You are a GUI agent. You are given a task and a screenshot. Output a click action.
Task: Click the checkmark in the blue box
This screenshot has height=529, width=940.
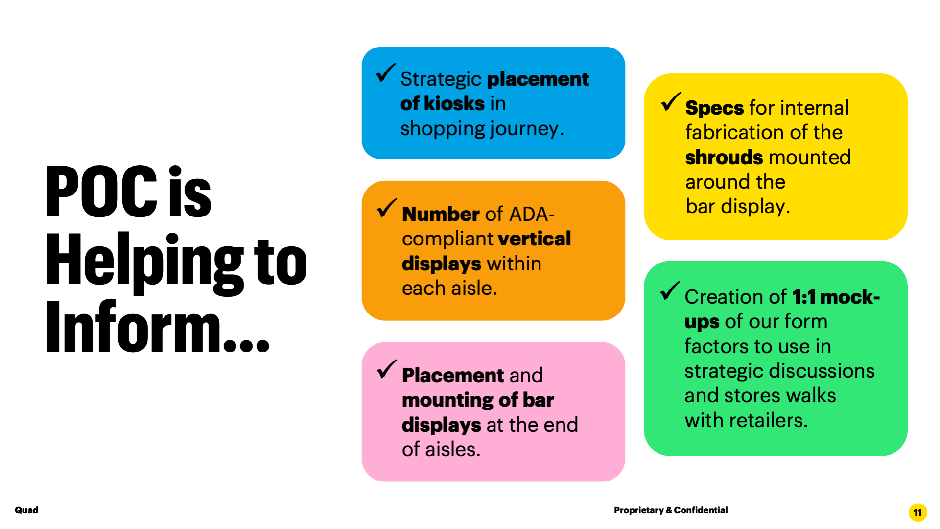pyautogui.click(x=386, y=73)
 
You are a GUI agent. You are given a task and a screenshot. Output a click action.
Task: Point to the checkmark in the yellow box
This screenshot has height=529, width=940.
pyautogui.click(x=670, y=102)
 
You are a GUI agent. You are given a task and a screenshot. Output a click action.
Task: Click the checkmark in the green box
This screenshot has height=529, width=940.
pyautogui.click(x=670, y=290)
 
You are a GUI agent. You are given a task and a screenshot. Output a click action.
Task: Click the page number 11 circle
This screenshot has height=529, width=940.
pyautogui.click(x=917, y=512)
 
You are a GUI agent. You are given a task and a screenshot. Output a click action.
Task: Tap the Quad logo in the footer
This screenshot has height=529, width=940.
pyautogui.click(x=26, y=510)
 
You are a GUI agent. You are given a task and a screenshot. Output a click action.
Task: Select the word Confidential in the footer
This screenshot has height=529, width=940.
pyautogui.click(x=701, y=510)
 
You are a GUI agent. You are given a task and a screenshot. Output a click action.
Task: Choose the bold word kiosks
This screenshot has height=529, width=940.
pyautogui.click(x=454, y=104)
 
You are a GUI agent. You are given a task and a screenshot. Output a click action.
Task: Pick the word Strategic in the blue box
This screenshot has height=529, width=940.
pyautogui.click(x=441, y=79)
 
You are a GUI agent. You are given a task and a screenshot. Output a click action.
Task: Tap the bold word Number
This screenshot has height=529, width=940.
pyautogui.click(x=440, y=214)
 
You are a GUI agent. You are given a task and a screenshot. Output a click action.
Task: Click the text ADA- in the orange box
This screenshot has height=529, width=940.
pyautogui.click(x=532, y=214)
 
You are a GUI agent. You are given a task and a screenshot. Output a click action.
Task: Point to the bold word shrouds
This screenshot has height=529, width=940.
pyautogui.click(x=724, y=157)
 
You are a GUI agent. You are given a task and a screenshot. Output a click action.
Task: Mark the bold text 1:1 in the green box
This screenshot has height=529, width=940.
pyautogui.click(x=803, y=297)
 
